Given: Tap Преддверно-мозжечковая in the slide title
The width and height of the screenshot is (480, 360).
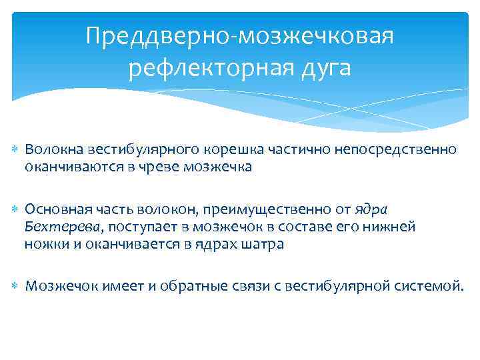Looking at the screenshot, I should (240, 36).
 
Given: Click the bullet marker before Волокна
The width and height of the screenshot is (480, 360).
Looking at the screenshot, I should (16, 150).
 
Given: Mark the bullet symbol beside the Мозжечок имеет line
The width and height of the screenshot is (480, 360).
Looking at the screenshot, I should (16, 287).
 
